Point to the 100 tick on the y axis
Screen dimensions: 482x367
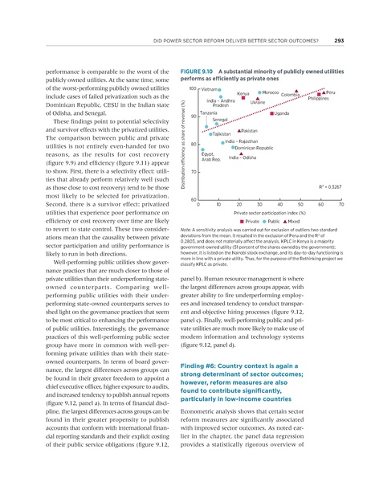tap(193, 88)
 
